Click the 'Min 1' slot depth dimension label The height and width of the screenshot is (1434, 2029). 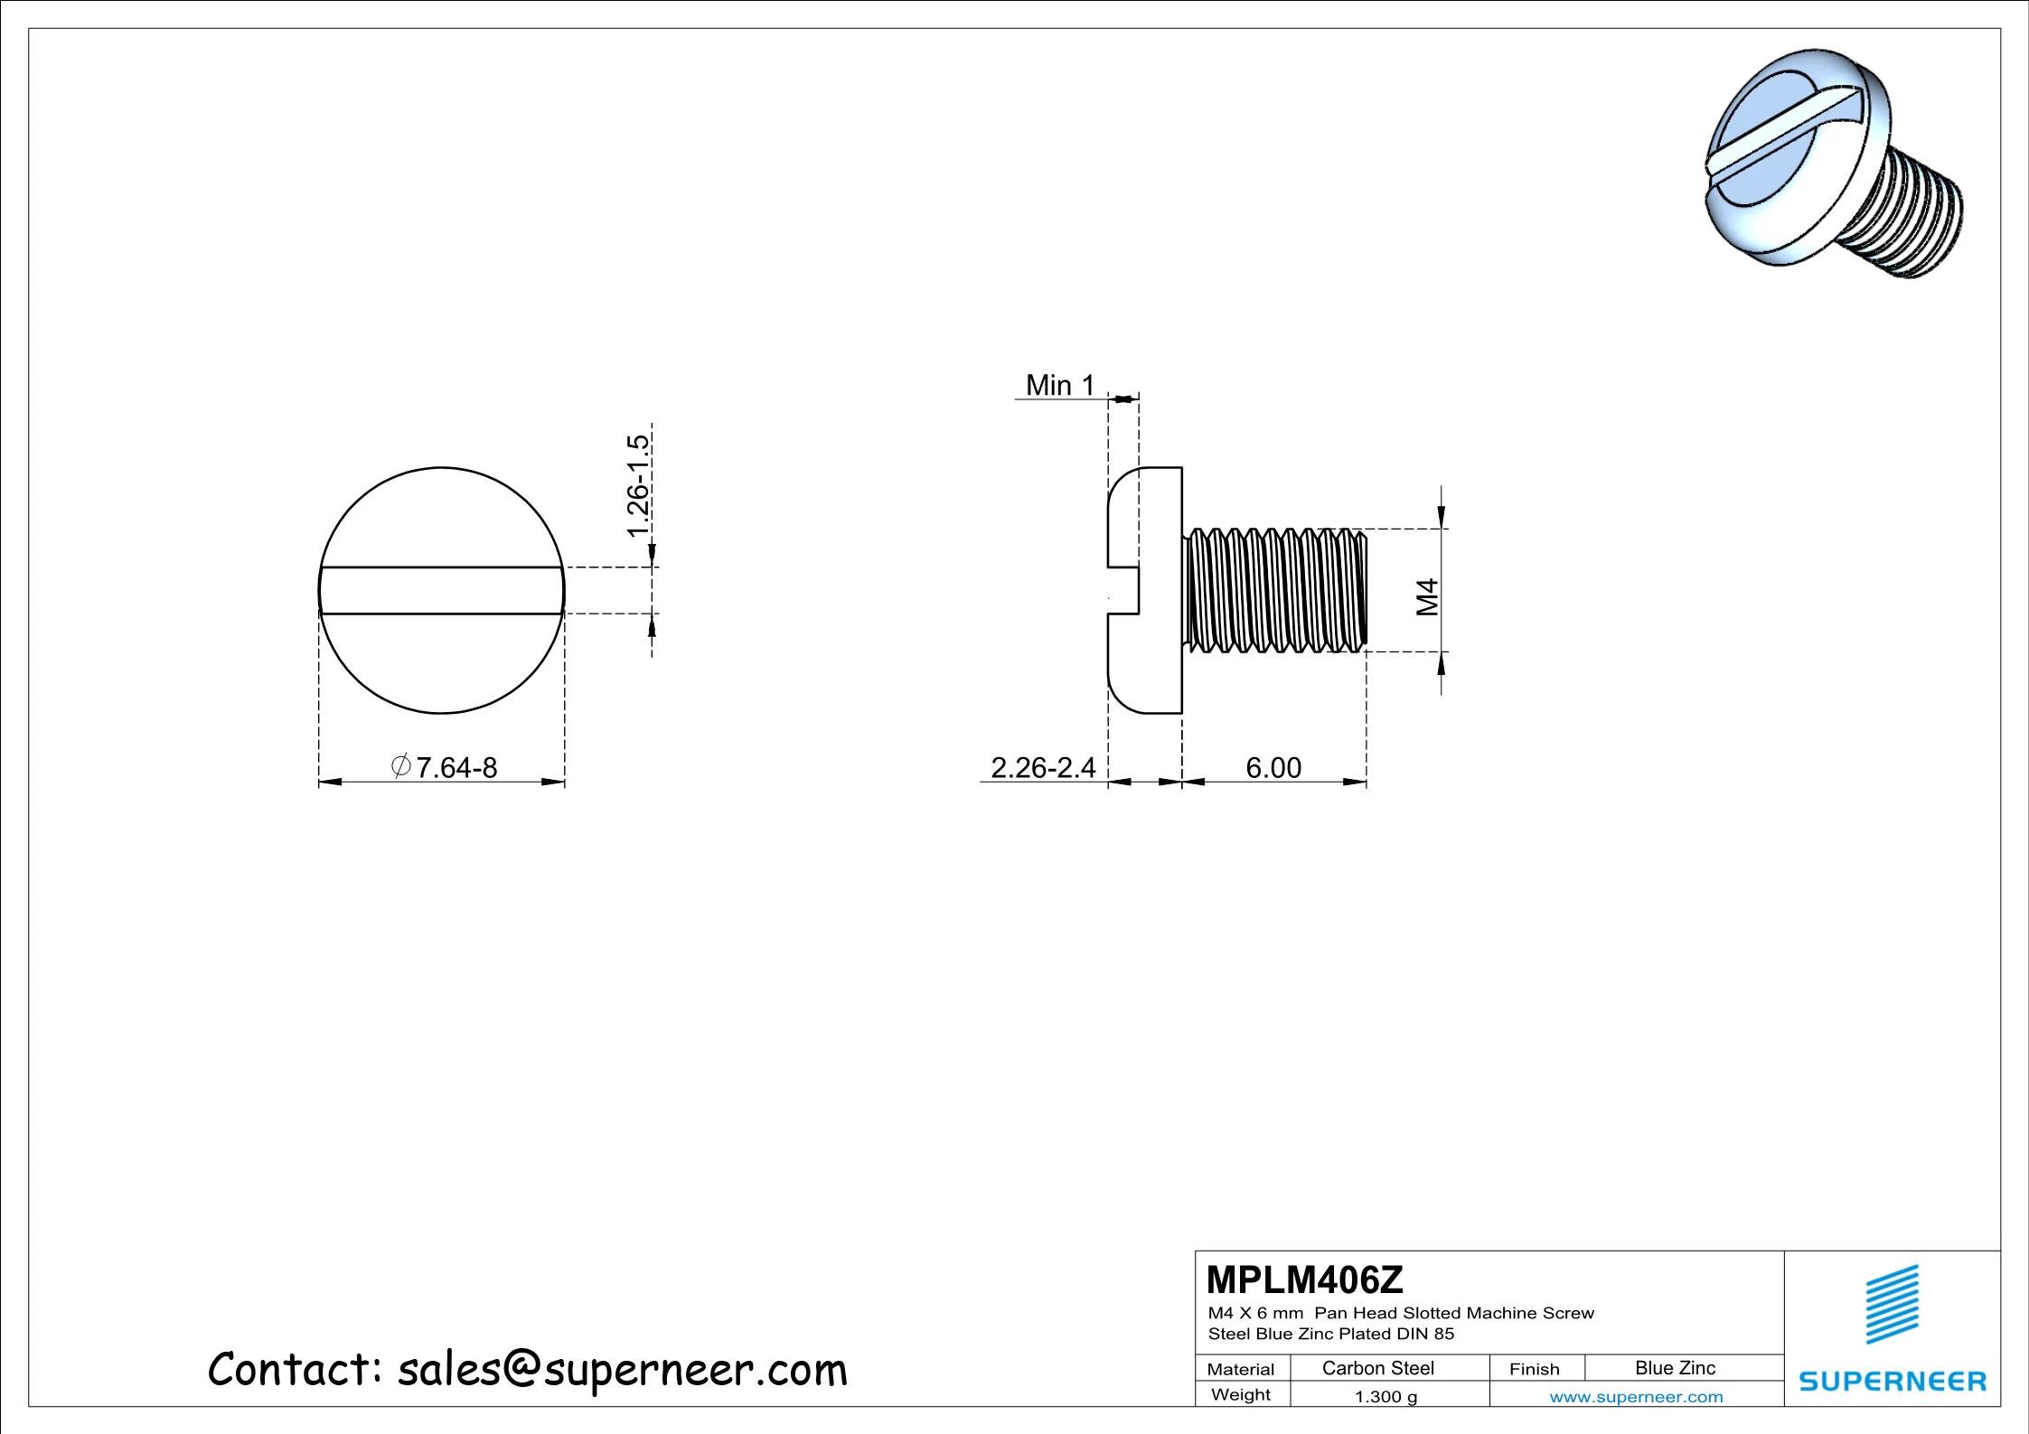tap(1059, 386)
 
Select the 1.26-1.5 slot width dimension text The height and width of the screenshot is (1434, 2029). tap(638, 485)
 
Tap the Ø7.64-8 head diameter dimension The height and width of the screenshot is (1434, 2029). tap(445, 767)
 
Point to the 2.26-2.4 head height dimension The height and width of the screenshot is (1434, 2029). tap(1042, 767)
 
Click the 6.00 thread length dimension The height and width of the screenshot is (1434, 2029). tap(1273, 767)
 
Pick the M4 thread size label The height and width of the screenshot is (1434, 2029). tap(1426, 597)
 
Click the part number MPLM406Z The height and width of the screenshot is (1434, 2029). tap(1304, 1279)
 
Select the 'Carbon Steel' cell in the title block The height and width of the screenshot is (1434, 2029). tap(1377, 1368)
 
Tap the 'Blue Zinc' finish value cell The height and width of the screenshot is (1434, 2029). tap(1674, 1368)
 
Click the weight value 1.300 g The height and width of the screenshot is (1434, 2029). tap(1386, 1397)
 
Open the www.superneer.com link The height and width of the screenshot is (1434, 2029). tap(1636, 1397)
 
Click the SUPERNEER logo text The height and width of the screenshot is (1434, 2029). tap(1892, 1381)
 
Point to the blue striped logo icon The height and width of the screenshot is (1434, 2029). tap(1892, 1304)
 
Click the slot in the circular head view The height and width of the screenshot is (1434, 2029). tap(442, 591)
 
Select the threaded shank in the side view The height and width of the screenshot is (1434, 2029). tap(1274, 590)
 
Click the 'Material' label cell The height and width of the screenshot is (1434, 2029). tap(1240, 1369)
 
